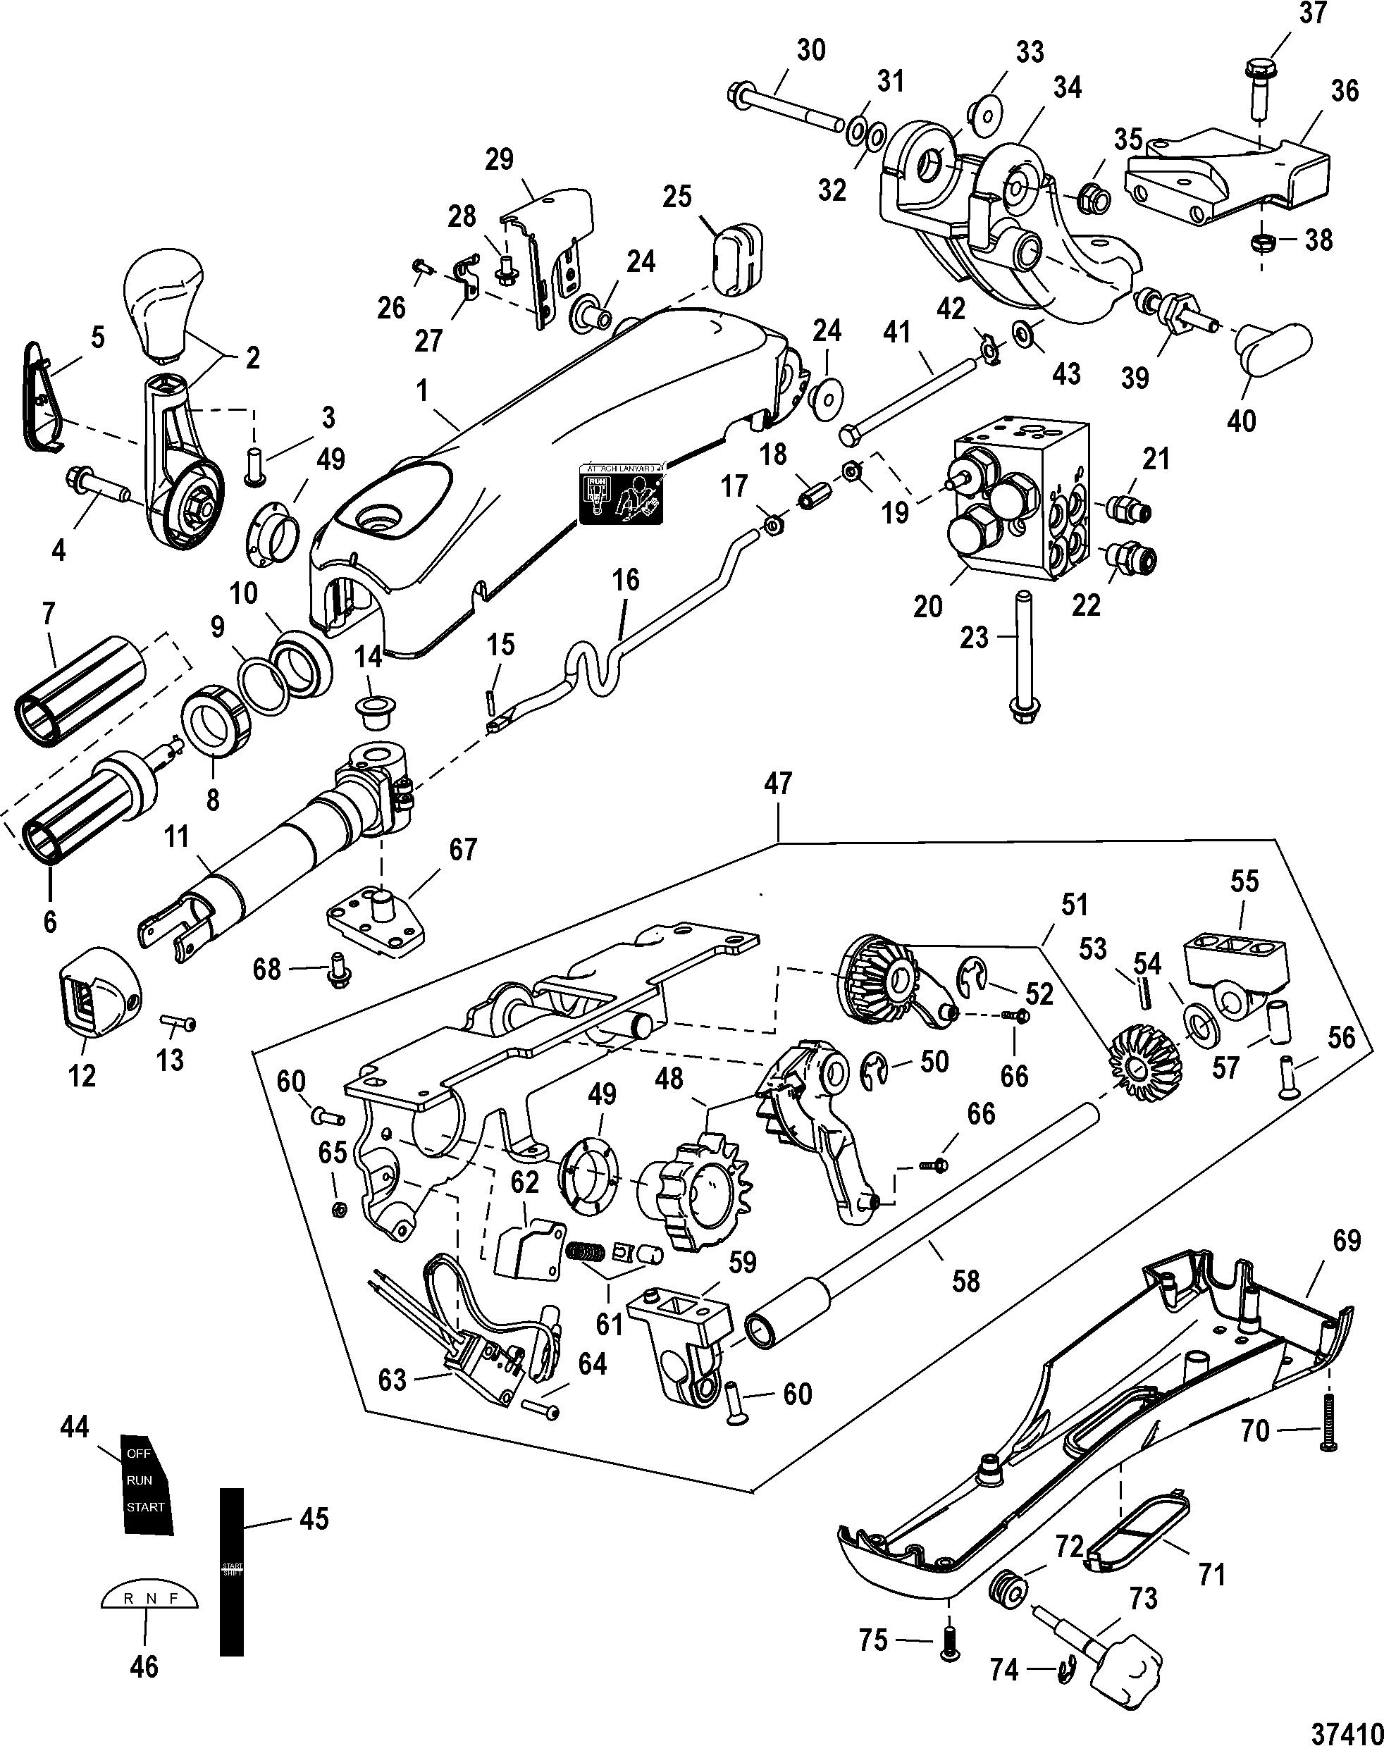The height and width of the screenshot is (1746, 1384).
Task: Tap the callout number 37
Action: click(1312, 15)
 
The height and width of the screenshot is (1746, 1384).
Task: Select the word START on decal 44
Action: click(145, 1507)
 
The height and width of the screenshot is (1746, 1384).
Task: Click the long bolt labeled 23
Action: click(1025, 656)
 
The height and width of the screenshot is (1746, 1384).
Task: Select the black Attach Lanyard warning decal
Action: click(621, 494)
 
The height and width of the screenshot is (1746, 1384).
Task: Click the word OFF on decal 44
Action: click(139, 1454)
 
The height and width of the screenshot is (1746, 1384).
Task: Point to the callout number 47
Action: click(777, 784)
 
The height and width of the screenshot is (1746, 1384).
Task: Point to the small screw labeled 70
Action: click(1329, 1432)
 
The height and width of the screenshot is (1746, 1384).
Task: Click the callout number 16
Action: click(625, 580)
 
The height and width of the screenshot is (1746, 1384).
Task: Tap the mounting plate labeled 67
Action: click(376, 922)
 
